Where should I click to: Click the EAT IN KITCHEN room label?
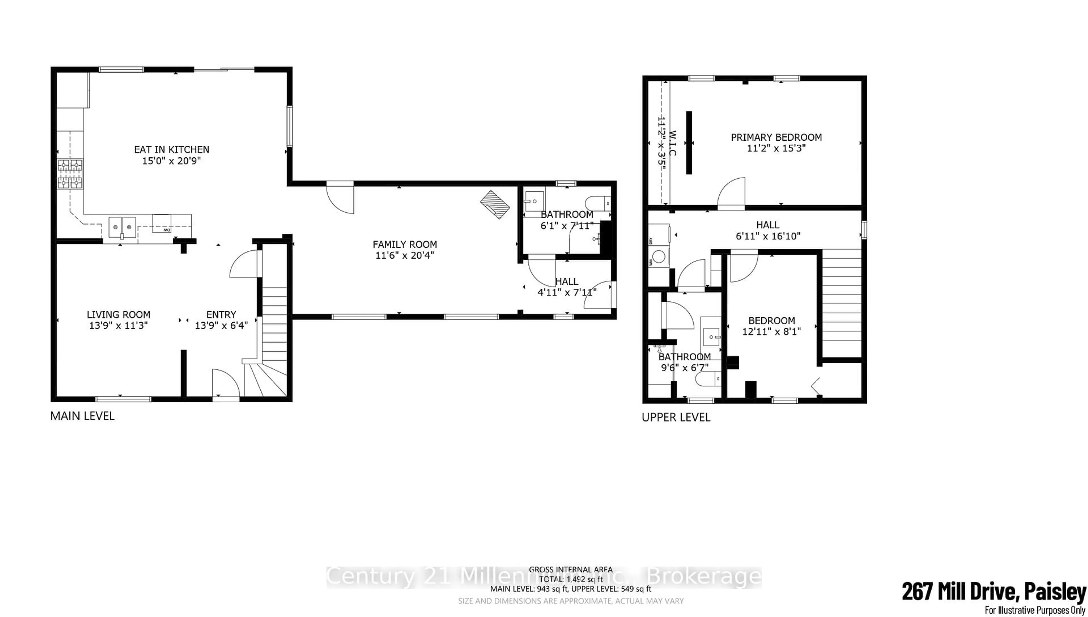tap(171, 150)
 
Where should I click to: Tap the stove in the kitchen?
tap(70, 174)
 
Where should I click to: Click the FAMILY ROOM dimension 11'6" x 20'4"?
tap(405, 255)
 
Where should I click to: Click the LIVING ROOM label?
tap(118, 314)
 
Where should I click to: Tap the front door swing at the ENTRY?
tap(226, 384)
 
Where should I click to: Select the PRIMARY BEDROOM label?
tap(776, 137)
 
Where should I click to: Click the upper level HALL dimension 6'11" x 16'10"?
tap(768, 236)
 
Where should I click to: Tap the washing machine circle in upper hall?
tap(659, 256)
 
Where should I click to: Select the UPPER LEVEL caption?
tap(676, 417)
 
